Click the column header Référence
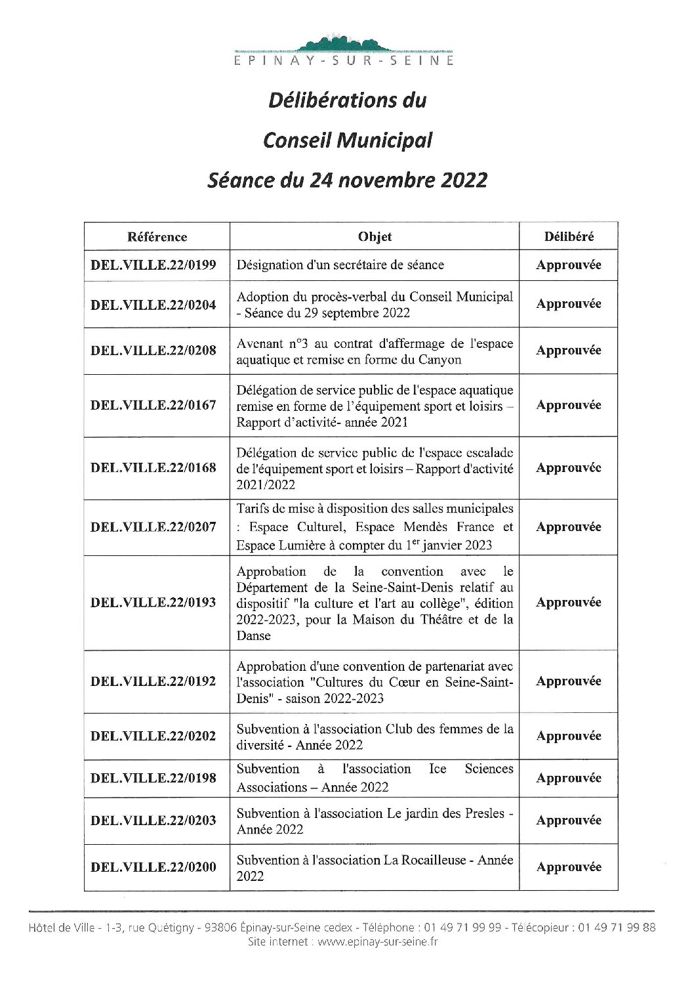[x=157, y=237]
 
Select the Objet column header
[x=375, y=237]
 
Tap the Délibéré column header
[x=569, y=237]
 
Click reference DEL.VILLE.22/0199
[x=153, y=265]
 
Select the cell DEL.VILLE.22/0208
[x=153, y=351]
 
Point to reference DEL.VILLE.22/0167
[x=153, y=405]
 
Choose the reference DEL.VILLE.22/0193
[x=153, y=603]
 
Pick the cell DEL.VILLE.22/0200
[x=153, y=867]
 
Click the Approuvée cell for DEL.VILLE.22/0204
[x=569, y=304]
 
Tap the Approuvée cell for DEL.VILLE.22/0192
[x=569, y=681]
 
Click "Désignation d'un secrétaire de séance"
[x=340, y=265]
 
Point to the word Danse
[x=253, y=636]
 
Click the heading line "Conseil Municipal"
[x=347, y=140]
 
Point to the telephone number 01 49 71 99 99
[x=462, y=928]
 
